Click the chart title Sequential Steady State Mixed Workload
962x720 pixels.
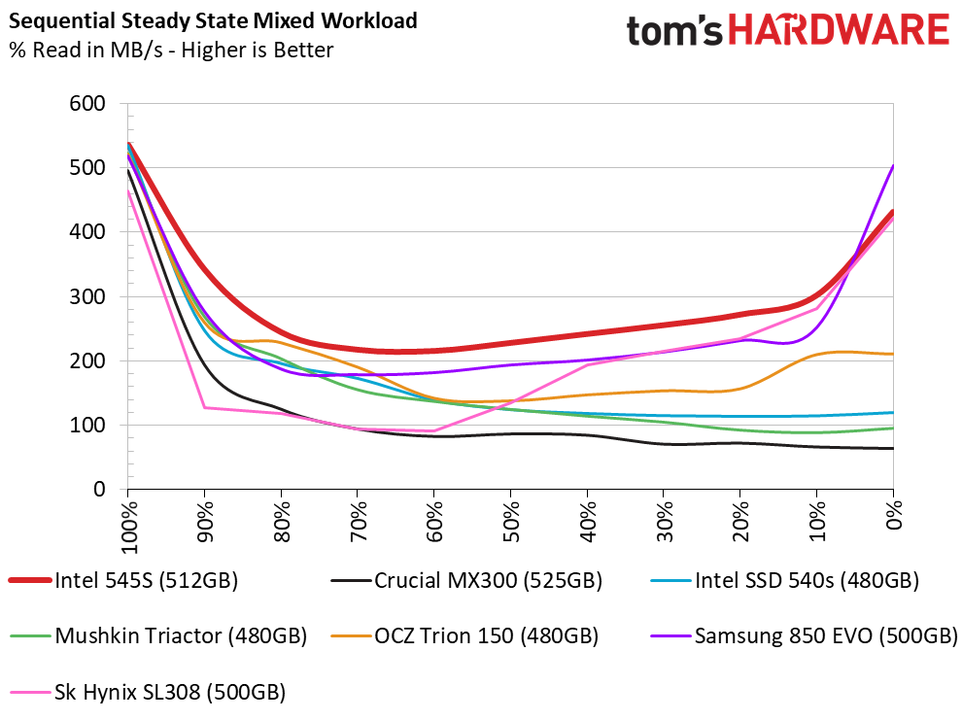[214, 19]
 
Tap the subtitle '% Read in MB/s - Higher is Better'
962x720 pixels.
[171, 51]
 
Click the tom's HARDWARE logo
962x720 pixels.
[787, 29]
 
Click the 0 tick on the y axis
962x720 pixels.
[100, 489]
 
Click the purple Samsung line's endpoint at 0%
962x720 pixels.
[893, 166]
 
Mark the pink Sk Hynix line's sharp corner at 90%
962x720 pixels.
[204, 407]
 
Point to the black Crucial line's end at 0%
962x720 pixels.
[893, 448]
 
